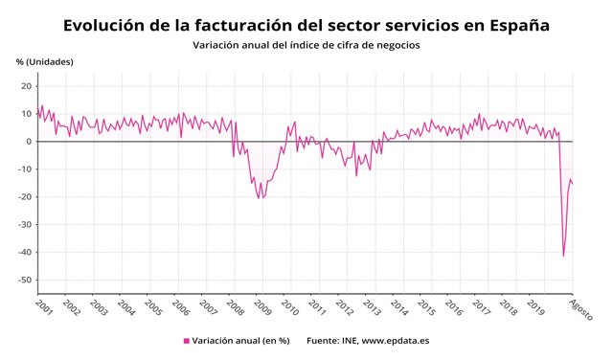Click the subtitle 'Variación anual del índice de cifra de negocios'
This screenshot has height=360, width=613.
pyautogui.click(x=306, y=44)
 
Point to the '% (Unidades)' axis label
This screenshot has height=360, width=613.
pyautogui.click(x=44, y=62)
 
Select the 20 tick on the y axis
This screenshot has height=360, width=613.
pyautogui.click(x=28, y=86)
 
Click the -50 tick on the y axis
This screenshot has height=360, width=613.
pyautogui.click(x=26, y=281)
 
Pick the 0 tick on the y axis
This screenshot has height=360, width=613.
pyautogui.click(x=31, y=142)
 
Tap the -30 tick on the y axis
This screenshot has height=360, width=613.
pyautogui.click(x=26, y=225)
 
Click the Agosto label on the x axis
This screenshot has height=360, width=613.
pyautogui.click(x=579, y=310)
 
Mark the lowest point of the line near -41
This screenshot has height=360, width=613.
pyautogui.click(x=563, y=256)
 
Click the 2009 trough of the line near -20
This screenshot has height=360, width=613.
pyautogui.click(x=259, y=198)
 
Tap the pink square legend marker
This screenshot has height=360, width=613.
pyautogui.click(x=186, y=341)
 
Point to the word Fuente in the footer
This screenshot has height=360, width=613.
pyautogui.click(x=324, y=341)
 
